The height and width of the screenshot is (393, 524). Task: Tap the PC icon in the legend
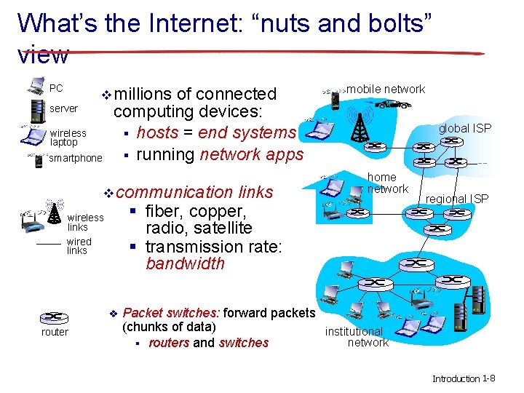click(x=34, y=87)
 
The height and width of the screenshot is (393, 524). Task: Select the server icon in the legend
click(x=33, y=110)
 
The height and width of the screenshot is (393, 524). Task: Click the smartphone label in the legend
click(x=76, y=158)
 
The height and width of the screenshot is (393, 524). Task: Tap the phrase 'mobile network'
click(x=386, y=89)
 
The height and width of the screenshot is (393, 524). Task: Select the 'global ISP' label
click(x=464, y=128)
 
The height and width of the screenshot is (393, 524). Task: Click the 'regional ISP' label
click(x=457, y=199)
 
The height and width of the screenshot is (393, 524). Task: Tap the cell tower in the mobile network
click(x=357, y=126)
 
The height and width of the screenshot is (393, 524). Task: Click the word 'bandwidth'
click(x=185, y=263)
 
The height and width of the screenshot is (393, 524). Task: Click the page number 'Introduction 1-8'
click(x=464, y=378)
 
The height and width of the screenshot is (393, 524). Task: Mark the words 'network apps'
click(x=251, y=154)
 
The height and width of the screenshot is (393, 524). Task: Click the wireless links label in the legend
click(x=85, y=222)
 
